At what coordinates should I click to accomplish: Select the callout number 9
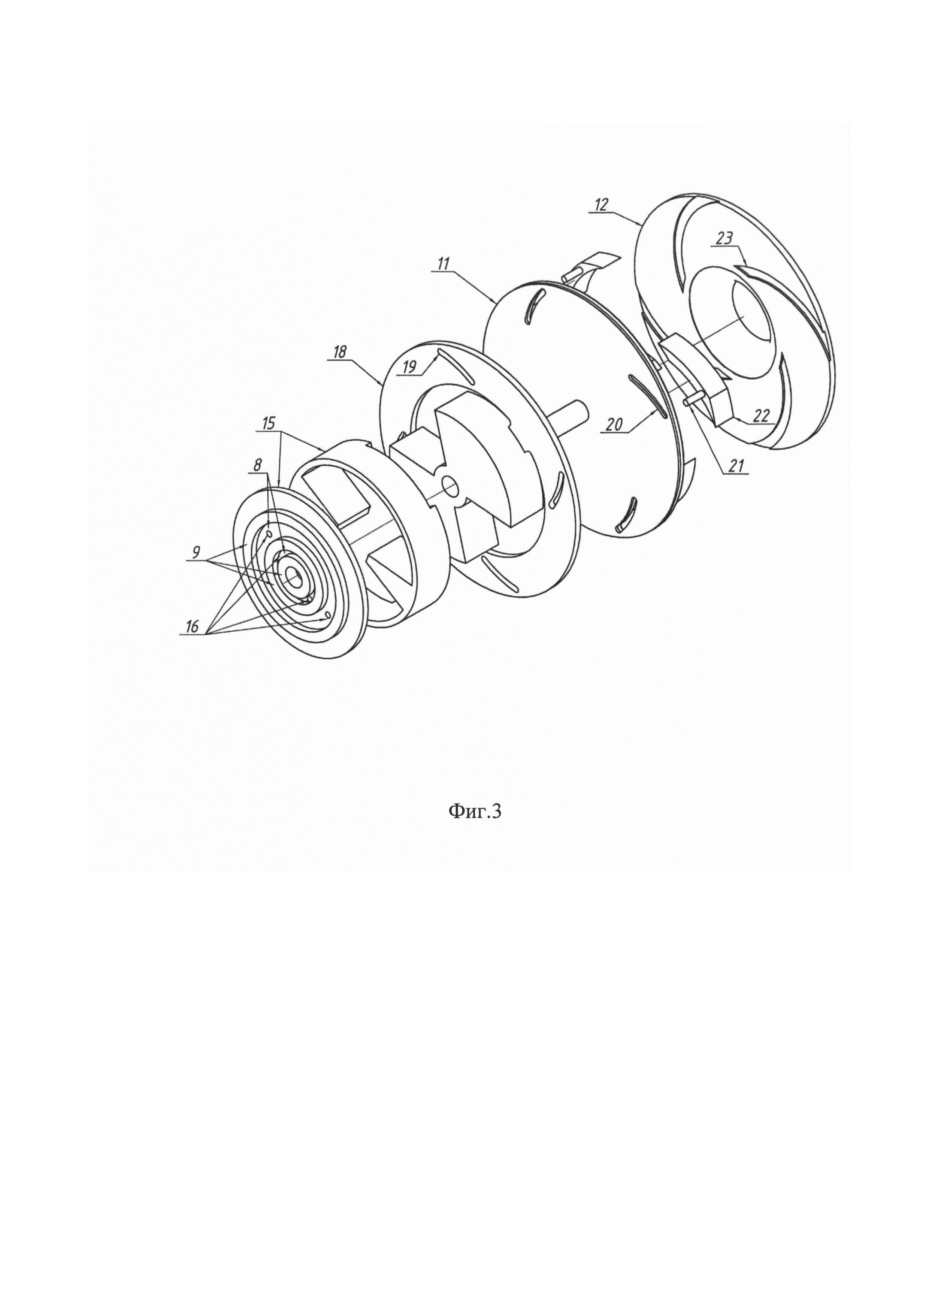(x=196, y=553)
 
